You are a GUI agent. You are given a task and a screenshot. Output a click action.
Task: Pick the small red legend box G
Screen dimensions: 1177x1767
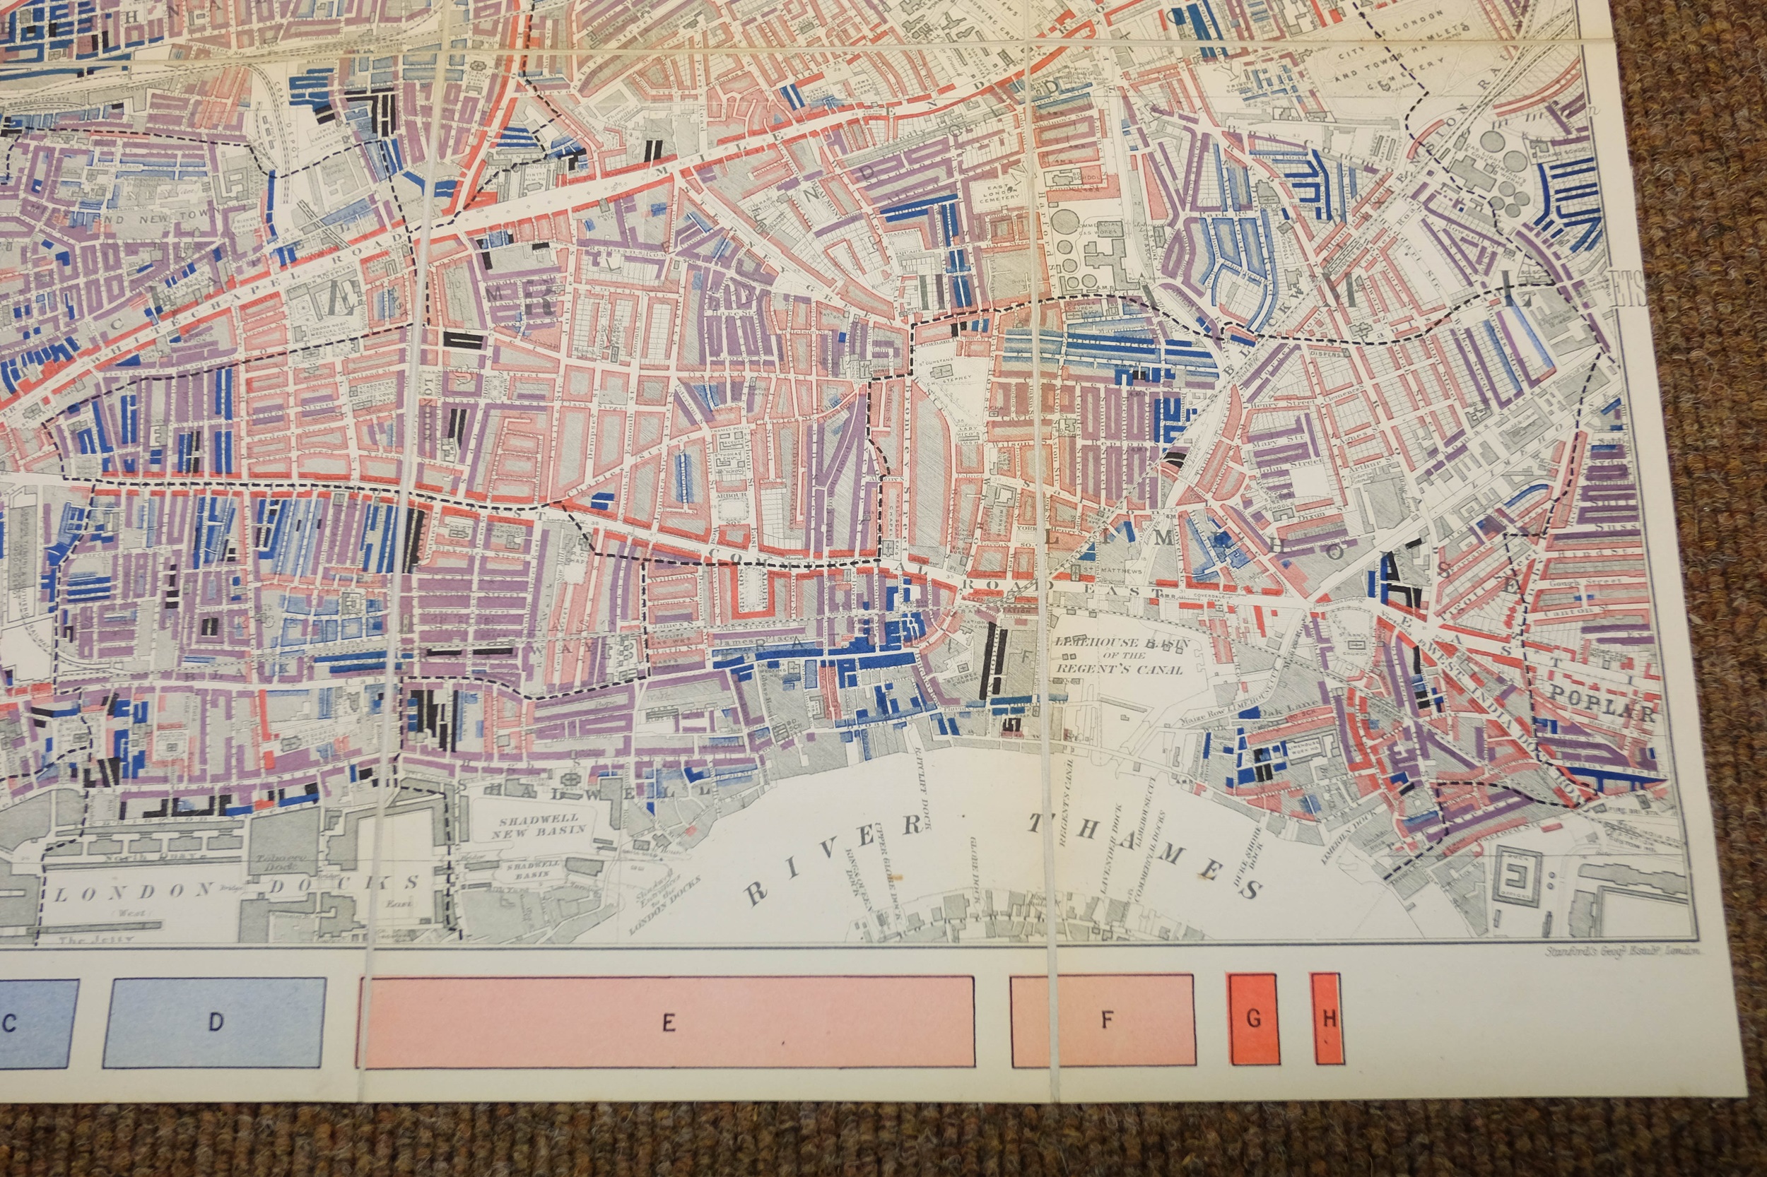coord(1253,1018)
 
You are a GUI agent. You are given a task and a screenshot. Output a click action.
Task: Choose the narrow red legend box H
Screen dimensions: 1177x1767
coord(1327,1018)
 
